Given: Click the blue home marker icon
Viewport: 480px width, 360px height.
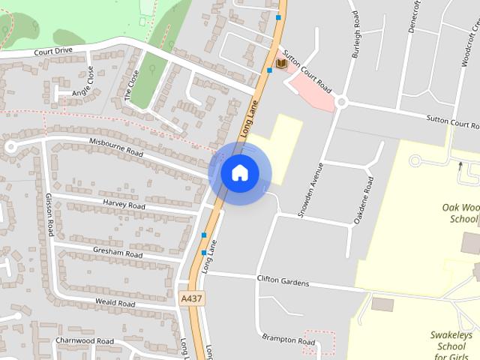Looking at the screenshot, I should [239, 173].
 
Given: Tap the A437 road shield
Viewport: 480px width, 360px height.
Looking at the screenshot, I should [192, 298].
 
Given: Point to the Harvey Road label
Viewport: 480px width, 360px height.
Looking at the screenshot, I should [124, 205].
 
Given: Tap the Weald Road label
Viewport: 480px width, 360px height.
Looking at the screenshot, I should [115, 303].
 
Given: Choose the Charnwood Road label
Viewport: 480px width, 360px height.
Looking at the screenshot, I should [85, 340].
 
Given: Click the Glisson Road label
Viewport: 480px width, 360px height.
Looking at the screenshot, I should [49, 214].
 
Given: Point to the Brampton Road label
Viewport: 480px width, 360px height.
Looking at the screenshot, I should [289, 340].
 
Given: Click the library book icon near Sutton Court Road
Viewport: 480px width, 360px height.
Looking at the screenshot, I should [281, 64].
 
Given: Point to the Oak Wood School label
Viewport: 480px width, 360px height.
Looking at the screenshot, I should [460, 213].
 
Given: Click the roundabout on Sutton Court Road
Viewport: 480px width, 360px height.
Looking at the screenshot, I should [341, 103].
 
